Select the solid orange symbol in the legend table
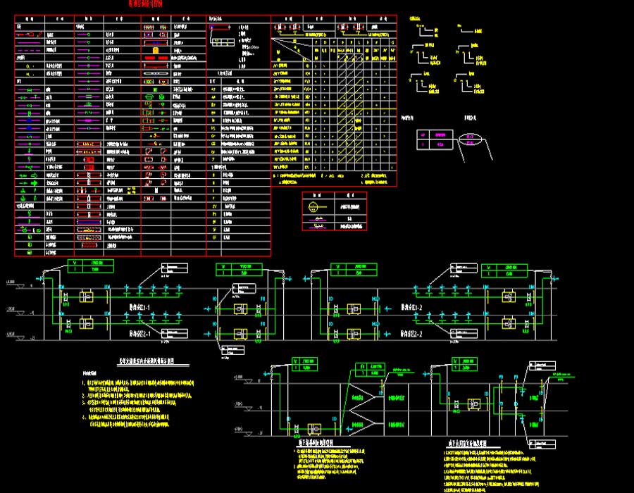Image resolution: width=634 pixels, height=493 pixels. [155, 51]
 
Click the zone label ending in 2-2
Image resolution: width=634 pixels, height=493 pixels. [412, 334]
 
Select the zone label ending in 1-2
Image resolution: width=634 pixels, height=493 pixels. [412, 308]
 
